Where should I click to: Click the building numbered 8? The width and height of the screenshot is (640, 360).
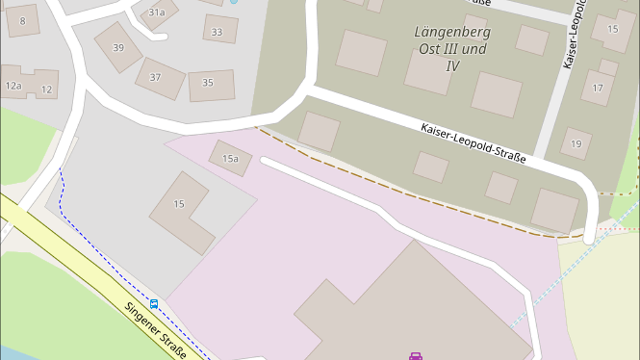[22, 21]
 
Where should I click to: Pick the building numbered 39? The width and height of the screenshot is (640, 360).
[118, 47]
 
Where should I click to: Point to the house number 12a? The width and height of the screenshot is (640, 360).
[13, 86]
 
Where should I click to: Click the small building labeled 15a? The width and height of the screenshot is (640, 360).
[230, 158]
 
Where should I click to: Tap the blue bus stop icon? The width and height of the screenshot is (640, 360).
[154, 304]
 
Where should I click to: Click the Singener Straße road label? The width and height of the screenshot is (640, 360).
[155, 330]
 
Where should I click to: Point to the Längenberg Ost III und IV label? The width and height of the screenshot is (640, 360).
[452, 48]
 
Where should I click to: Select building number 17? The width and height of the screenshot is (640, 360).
[597, 87]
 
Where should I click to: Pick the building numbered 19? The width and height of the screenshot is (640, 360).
[576, 144]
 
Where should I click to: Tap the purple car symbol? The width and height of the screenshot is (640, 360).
[416, 356]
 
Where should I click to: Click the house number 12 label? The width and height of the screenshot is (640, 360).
[46, 89]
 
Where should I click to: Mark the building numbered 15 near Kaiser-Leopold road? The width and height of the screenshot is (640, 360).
[613, 29]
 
